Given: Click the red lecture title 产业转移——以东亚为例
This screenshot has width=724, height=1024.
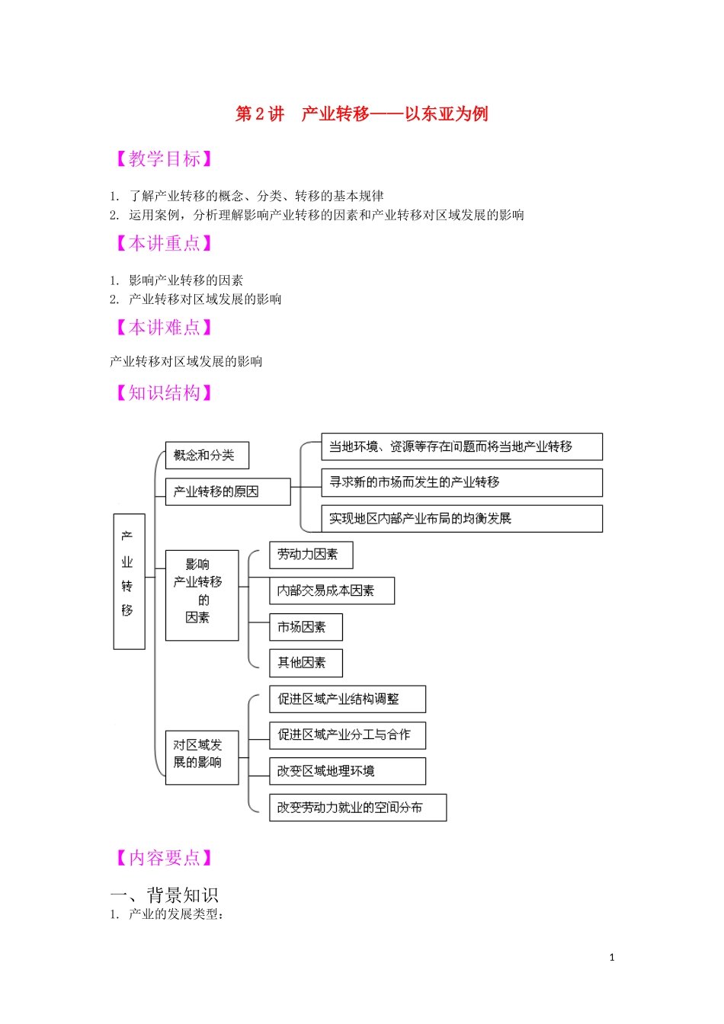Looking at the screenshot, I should (x=362, y=114).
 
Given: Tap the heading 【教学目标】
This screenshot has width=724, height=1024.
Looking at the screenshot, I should (x=163, y=159).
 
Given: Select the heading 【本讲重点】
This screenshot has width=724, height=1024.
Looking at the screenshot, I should (x=163, y=244).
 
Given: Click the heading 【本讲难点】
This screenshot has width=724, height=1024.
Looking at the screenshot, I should (x=163, y=328).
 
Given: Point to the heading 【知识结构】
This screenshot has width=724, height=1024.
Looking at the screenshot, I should (x=163, y=393).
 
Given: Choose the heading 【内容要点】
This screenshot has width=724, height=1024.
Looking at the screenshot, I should (x=163, y=858).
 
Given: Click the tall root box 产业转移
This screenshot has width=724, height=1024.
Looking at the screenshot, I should (x=129, y=581).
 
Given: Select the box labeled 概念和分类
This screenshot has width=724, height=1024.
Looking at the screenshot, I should (x=207, y=456).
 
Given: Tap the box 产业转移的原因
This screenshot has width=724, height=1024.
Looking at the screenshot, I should (x=228, y=491).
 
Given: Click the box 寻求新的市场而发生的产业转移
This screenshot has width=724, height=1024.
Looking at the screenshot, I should (x=462, y=482).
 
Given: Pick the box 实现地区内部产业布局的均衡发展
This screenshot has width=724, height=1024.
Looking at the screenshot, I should (x=462, y=519).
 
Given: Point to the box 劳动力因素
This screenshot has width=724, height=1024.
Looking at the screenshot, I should (x=311, y=555).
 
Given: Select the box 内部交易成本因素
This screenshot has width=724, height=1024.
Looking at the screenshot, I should (x=332, y=590).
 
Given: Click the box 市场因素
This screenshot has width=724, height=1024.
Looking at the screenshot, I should (x=306, y=627).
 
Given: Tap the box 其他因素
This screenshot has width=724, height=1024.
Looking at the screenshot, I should (x=306, y=663).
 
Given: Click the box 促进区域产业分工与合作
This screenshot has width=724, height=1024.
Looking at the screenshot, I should (x=347, y=735).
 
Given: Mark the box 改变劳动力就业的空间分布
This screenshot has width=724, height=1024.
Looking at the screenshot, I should (x=357, y=808).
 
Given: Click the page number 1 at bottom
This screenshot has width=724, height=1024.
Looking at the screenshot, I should (x=612, y=958).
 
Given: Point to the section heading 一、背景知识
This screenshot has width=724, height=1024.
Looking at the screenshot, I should (x=165, y=894).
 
